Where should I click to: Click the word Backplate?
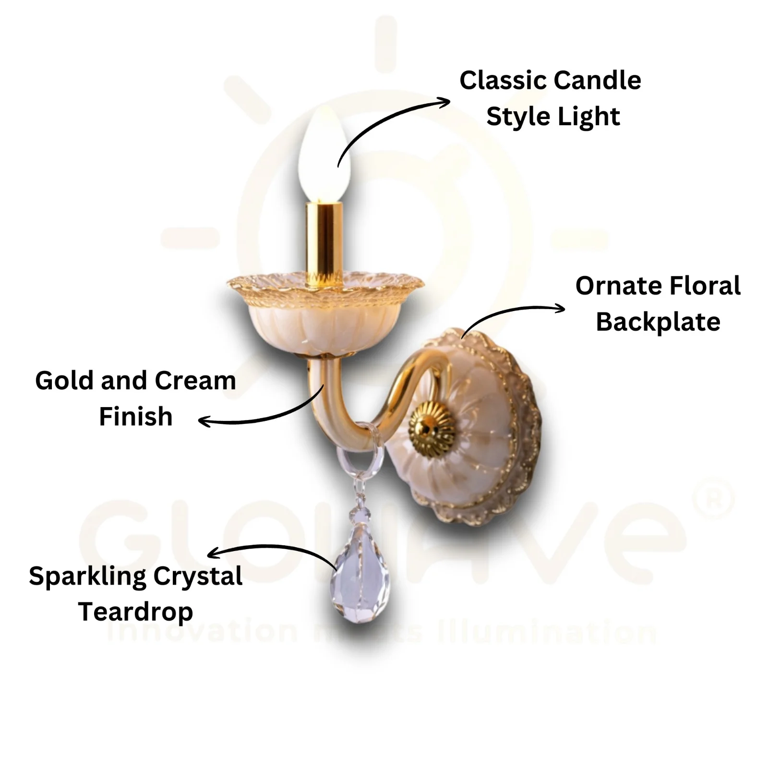(658, 322)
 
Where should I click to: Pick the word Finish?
(135, 416)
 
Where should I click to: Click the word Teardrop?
(135, 612)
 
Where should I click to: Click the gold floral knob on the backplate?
(431, 429)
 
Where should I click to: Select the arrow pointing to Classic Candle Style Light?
(384, 120)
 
